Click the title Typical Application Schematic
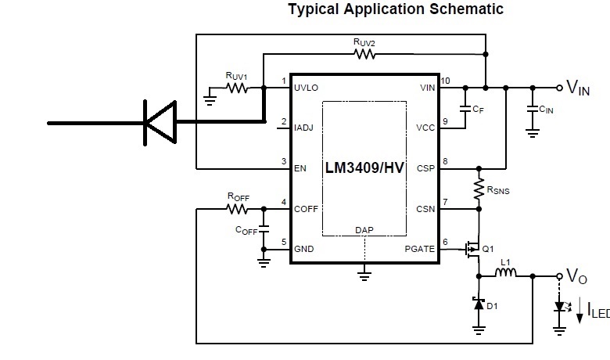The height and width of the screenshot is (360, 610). pyautogui.click(x=395, y=9)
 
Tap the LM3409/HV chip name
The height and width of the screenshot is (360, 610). pyautogui.click(x=364, y=168)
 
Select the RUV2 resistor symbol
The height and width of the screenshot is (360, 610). pyautogui.click(x=364, y=54)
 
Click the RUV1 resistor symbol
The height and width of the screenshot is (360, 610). pyautogui.click(x=237, y=88)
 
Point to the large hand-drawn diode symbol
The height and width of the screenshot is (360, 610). pyautogui.click(x=159, y=123)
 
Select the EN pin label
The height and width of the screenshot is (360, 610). pyautogui.click(x=300, y=167)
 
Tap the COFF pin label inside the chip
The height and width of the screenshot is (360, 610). pyautogui.click(x=307, y=208)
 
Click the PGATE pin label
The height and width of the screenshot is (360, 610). pyautogui.click(x=420, y=248)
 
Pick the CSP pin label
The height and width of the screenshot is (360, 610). pyautogui.click(x=425, y=167)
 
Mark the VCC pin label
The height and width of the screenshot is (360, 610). pyautogui.click(x=425, y=127)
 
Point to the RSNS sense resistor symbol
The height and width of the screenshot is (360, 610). pyautogui.click(x=478, y=188)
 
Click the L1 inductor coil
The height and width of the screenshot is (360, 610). pyautogui.click(x=507, y=274)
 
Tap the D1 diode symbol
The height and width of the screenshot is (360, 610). pyautogui.click(x=478, y=303)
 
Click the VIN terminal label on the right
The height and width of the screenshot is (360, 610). pyautogui.click(x=578, y=88)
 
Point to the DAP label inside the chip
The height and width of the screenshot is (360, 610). pyautogui.click(x=364, y=230)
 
